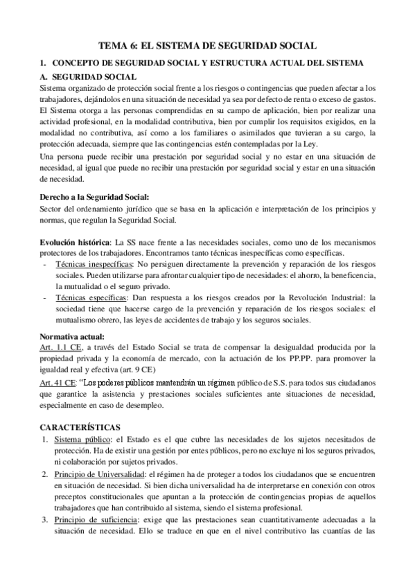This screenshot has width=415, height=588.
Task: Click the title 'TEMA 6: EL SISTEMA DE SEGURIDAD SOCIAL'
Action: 207,46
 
